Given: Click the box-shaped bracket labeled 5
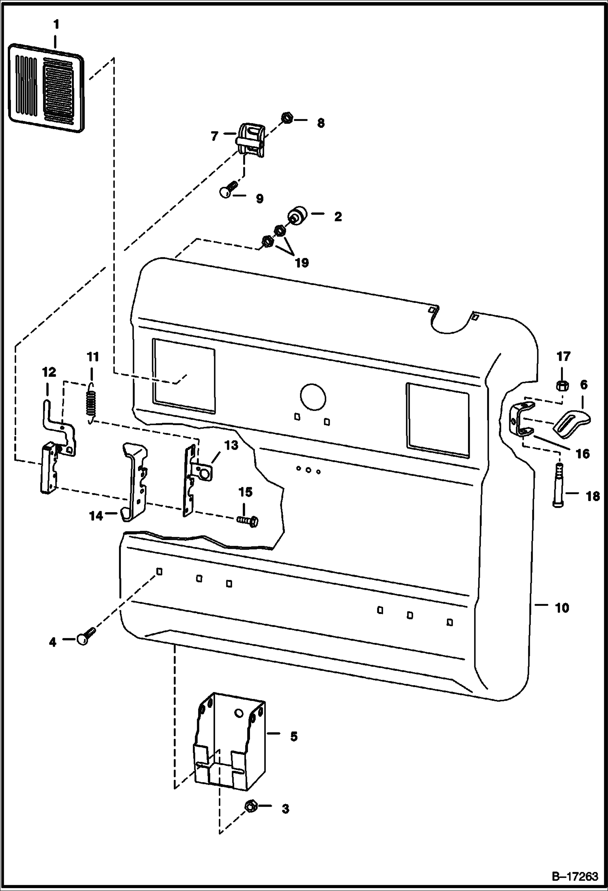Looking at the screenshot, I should [x=230, y=743].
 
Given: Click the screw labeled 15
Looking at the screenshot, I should [x=249, y=521].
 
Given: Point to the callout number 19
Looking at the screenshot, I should [x=302, y=263].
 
